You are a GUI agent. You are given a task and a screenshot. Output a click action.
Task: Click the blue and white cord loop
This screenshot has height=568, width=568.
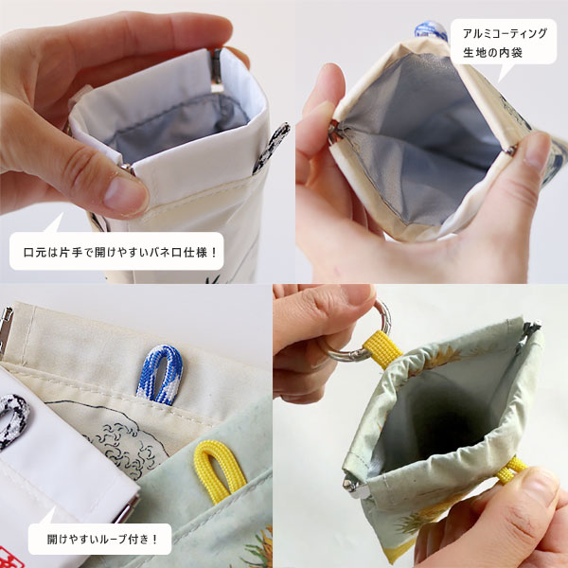[159, 375]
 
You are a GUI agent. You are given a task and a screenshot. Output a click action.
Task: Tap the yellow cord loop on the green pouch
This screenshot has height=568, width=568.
[214, 470]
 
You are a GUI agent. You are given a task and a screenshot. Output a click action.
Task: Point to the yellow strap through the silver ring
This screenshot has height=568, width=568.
[382, 348]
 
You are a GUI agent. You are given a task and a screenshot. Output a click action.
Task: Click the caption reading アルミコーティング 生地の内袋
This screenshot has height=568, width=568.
[505, 43]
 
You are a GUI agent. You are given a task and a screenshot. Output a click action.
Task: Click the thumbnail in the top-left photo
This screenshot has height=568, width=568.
[125, 194]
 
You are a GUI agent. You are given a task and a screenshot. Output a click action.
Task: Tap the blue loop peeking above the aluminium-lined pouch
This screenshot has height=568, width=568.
[431, 30]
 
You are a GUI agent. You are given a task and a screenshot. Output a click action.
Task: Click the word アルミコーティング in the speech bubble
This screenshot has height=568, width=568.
[505, 34]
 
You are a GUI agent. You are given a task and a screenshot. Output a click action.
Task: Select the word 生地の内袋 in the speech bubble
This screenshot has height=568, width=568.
[492, 52]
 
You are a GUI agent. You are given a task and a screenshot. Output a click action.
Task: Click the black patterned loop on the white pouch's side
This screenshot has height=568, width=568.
[271, 148]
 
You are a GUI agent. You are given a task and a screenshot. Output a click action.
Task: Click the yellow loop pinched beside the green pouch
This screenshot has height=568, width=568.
[511, 470]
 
